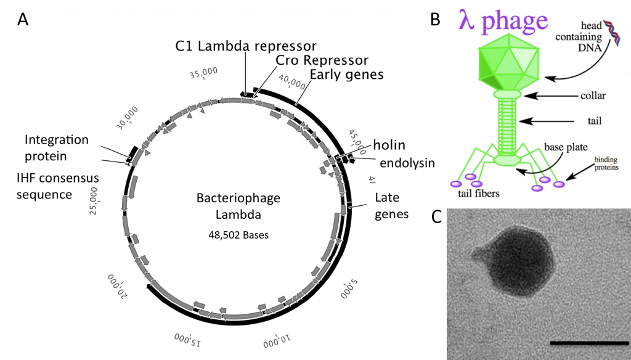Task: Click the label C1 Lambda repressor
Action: pyautogui.click(x=246, y=46)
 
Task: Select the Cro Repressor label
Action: pyautogui.click(x=322, y=60)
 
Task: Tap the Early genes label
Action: pyautogui.click(x=346, y=75)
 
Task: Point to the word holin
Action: pyautogui.click(x=389, y=145)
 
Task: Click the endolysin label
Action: pyautogui.click(x=407, y=163)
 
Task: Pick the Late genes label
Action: pyautogui.click(x=392, y=206)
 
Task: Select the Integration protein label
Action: pyautogui.click(x=57, y=148)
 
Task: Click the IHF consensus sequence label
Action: pyautogui.click(x=58, y=186)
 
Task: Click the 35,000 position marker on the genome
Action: pyautogui.click(x=203, y=73)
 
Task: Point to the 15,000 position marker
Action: pyautogui.click(x=189, y=338)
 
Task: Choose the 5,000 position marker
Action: pyautogui.click(x=349, y=287)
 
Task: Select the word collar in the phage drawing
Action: pyautogui.click(x=593, y=96)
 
